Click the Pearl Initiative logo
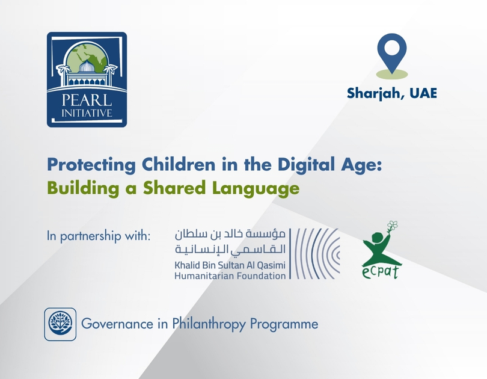click(87, 79)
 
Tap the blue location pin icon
click(391, 52)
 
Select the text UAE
click(421, 94)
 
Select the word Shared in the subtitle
click(166, 188)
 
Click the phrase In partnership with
click(99, 235)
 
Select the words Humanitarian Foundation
click(230, 276)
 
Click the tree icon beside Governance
click(60, 324)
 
